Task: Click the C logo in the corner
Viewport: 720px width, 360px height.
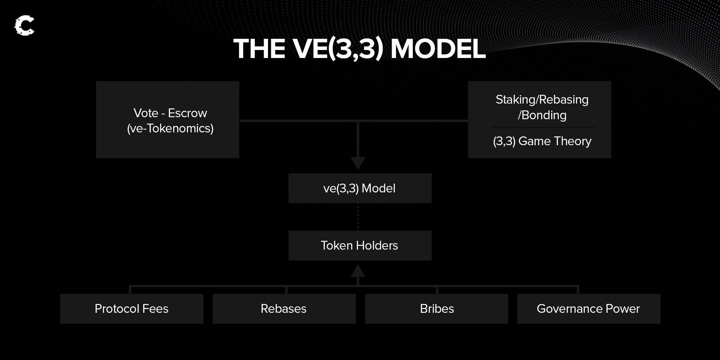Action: click(24, 26)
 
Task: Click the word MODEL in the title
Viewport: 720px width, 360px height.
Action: click(438, 49)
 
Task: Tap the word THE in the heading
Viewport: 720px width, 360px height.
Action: click(259, 49)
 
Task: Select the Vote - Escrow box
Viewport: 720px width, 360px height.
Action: click(168, 120)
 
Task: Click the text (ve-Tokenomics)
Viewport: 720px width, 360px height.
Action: click(170, 128)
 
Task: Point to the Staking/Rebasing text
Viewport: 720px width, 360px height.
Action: click(542, 100)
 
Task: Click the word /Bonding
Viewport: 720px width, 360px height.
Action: click(542, 115)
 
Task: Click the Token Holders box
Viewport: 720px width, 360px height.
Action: click(360, 246)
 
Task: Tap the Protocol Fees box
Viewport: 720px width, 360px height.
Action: click(132, 309)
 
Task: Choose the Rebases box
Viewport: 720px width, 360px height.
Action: click(284, 309)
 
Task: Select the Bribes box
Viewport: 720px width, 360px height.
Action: click(436, 309)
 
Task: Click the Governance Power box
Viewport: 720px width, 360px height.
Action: click(589, 309)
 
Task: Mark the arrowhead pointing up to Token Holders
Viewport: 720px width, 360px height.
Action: click(358, 271)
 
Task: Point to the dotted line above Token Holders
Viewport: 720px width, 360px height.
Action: click(358, 217)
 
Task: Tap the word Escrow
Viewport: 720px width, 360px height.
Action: click(188, 113)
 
